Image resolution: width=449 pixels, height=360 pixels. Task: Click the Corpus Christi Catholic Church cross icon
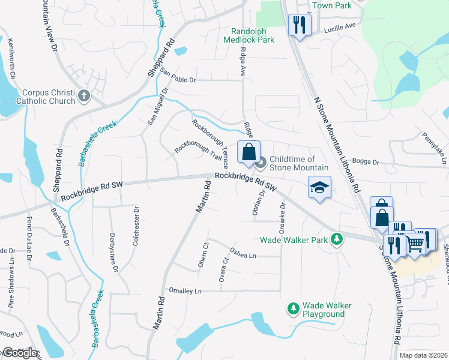point(84,95)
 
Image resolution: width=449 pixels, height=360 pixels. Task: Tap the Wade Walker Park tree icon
point(337,239)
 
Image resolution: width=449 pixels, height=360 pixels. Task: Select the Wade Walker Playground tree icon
point(294,308)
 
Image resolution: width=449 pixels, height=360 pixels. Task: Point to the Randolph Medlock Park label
point(249,35)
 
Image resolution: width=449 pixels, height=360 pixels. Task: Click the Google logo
point(20,353)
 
